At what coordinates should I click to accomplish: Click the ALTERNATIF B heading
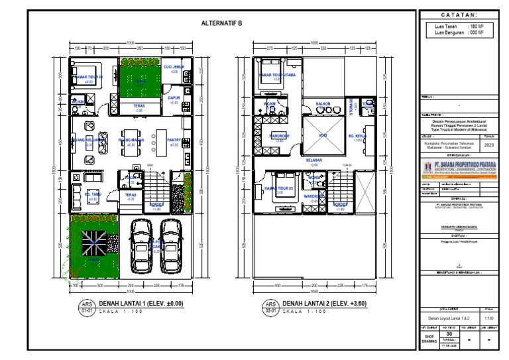(221, 23)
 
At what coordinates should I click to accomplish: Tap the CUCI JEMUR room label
(174, 68)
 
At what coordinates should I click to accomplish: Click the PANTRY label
(174, 141)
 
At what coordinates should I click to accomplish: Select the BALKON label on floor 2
(323, 105)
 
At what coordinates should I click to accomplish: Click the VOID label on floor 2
(323, 135)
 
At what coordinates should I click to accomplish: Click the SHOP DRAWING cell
(429, 339)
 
